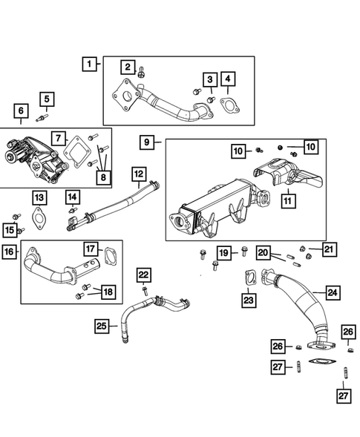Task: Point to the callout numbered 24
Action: click(x=332, y=293)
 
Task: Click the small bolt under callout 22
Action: click(x=145, y=291)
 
